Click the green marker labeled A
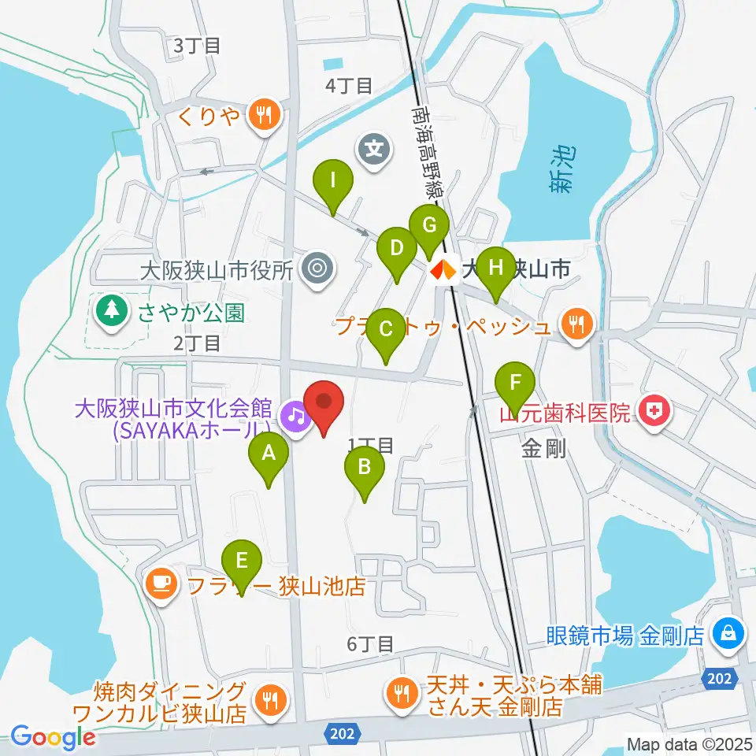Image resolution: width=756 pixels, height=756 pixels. point(269,454)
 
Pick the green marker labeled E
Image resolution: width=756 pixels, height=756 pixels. point(242,562)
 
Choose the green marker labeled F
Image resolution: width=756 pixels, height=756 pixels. point(515,384)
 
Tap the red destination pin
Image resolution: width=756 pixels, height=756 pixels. point(324,402)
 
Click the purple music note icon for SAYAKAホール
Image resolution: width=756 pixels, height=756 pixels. point(295,413)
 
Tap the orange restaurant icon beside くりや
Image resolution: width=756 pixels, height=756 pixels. point(261,115)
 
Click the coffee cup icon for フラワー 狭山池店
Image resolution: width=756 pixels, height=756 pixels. point(161,584)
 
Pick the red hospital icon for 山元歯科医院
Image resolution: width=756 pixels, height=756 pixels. point(654,410)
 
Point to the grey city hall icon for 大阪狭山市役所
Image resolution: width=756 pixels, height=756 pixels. point(317,269)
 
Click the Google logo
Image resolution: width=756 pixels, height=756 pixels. point(54,737)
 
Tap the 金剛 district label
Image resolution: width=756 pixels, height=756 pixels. point(543,450)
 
